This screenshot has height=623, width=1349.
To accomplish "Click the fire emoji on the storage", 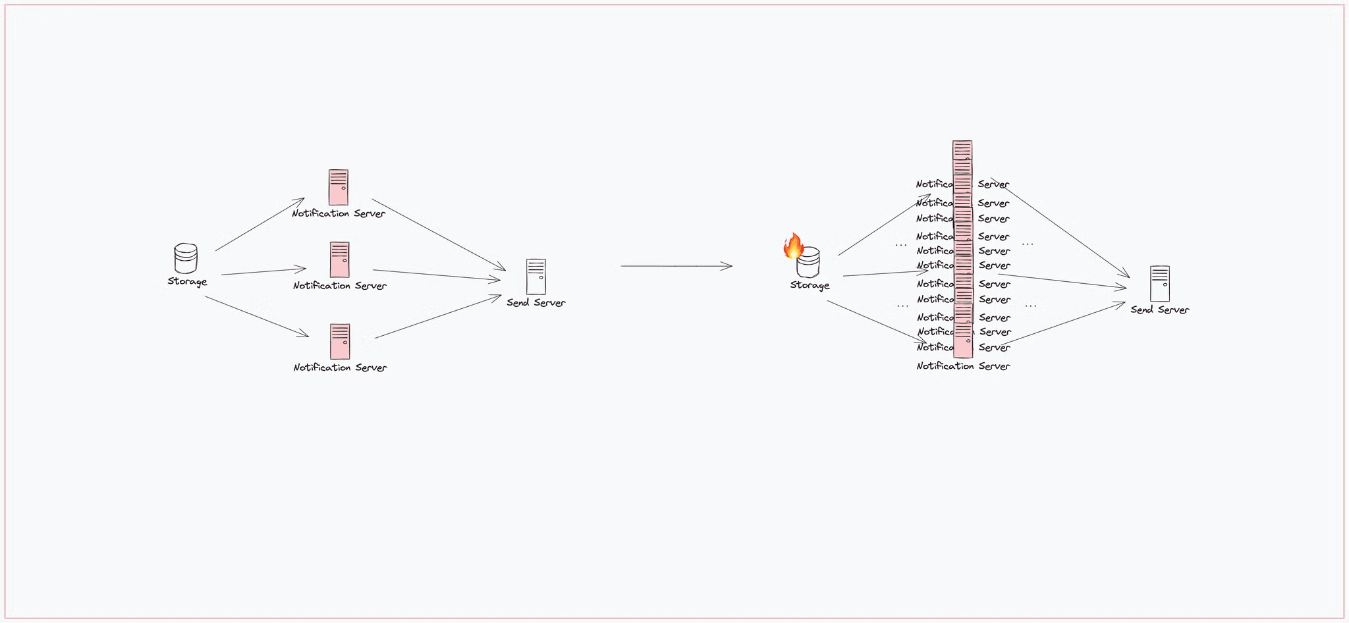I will tap(793, 246).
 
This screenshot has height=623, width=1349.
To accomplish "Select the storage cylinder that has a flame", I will tap(809, 264).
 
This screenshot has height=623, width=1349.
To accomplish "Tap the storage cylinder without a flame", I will tap(186, 258).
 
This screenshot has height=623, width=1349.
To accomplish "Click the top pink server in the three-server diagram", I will tap(339, 188).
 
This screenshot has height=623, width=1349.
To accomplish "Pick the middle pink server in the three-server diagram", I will tap(340, 259).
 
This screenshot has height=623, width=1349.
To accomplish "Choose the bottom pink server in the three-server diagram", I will tap(340, 341).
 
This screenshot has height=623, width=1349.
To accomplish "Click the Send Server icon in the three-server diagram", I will tap(536, 277).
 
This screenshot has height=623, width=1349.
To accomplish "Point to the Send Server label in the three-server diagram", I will tap(536, 303).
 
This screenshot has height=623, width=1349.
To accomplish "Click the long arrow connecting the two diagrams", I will tap(676, 266).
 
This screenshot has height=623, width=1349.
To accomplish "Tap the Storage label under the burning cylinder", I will tap(810, 285).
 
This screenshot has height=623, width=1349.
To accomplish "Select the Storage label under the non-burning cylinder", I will tap(187, 282).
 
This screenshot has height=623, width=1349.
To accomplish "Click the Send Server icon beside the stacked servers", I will tap(1160, 284).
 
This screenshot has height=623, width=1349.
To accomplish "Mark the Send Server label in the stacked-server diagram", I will tap(1160, 310).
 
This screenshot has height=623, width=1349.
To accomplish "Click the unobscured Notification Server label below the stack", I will tap(963, 366).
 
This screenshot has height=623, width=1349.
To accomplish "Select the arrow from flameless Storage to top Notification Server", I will tap(260, 225).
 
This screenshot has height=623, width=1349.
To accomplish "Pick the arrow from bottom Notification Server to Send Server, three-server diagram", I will tap(438, 317).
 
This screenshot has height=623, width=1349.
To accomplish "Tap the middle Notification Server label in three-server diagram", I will tap(340, 286).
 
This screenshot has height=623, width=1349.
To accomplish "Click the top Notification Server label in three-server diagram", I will tap(339, 213).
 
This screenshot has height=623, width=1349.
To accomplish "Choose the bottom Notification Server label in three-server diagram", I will tap(340, 367).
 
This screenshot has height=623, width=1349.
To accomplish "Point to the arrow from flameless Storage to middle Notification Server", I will tap(263, 271).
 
